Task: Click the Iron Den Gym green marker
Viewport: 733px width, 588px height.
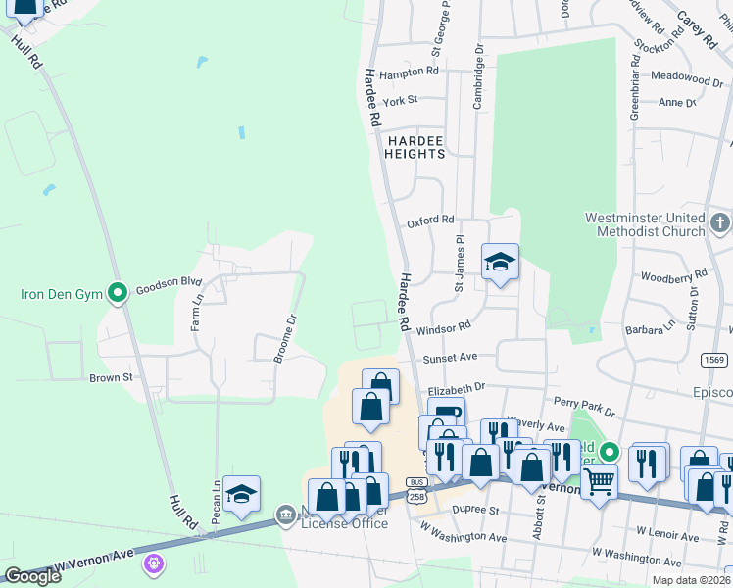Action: [118, 292]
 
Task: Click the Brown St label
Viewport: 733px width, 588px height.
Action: [111, 377]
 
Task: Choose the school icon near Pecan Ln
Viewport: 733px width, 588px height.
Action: [241, 495]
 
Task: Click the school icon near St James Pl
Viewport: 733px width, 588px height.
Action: [500, 262]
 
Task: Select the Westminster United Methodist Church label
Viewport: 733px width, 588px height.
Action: [645, 224]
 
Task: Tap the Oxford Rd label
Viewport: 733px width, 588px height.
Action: [431, 221]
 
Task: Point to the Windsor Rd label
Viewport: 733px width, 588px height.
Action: [443, 328]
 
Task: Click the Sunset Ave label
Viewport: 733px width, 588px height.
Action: [450, 358]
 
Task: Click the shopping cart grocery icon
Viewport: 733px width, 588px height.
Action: [599, 481]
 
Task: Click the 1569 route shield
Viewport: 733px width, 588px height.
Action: [714, 360]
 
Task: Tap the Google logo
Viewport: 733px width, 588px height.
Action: [32, 576]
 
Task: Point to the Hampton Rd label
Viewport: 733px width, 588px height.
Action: [409, 72]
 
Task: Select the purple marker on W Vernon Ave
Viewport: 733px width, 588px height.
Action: [153, 563]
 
